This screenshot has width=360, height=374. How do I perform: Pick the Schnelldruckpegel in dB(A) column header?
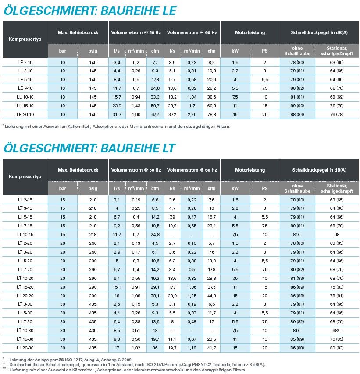(319, 33)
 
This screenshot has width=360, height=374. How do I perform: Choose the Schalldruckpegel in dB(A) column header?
(319, 170)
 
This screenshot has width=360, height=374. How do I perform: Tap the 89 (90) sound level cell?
(298, 106)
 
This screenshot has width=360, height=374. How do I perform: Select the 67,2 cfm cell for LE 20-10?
(155, 114)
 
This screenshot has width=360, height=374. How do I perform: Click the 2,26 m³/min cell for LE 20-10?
(192, 114)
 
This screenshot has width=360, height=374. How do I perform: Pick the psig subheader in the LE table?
(92, 51)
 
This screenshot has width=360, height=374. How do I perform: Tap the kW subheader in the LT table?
(235, 188)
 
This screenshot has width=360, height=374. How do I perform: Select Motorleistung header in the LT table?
(250, 170)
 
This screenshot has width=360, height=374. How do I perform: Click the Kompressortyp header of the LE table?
(25, 39)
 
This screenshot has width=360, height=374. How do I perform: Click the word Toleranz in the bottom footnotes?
(230, 364)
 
